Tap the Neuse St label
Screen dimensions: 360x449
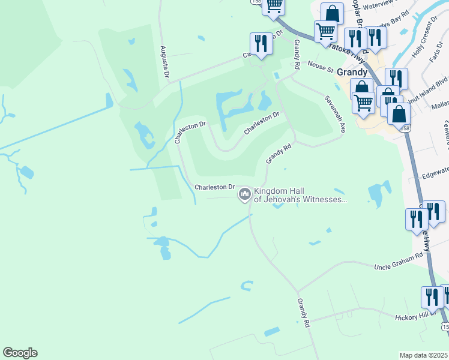[x=321, y=66]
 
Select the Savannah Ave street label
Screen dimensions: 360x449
[x=334, y=113]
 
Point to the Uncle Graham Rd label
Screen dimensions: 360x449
[x=399, y=262]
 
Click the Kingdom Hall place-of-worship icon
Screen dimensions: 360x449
[x=244, y=194]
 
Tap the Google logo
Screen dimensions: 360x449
[x=20, y=353]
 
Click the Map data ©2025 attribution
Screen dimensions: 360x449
[x=424, y=355]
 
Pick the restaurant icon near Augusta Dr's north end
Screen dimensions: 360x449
[x=261, y=43]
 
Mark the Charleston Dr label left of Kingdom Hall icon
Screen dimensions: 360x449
[x=214, y=187]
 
